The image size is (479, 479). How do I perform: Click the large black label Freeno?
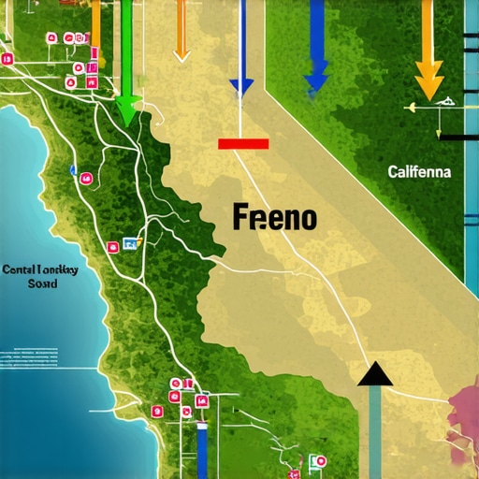pyautogui.click(x=275, y=219)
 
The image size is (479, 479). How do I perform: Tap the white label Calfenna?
pyautogui.click(x=418, y=172)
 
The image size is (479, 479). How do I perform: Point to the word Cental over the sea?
pyautogui.click(x=20, y=269)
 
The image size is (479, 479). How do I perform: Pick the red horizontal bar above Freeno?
pyautogui.click(x=243, y=144)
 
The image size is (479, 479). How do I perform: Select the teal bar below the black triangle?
pyautogui.click(x=375, y=430)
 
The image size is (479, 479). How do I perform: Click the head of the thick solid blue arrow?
pyautogui.click(x=316, y=75)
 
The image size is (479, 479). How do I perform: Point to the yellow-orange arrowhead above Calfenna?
pyautogui.click(x=428, y=81)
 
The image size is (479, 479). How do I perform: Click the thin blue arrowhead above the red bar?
pyautogui.click(x=241, y=87)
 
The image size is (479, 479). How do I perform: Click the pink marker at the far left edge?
pyautogui.click(x=7, y=59)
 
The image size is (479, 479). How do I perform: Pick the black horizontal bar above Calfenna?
pyautogui.click(x=458, y=138)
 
